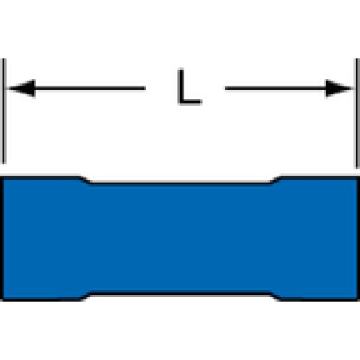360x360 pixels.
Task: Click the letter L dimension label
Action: [190, 86]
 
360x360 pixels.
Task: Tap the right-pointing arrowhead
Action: [338, 88]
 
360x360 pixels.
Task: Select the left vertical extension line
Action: [4, 111]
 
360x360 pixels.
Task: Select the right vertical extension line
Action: [357, 113]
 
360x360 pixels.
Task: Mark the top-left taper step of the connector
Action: [85, 179]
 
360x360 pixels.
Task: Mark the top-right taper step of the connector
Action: [276, 179]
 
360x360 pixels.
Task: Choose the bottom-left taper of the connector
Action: [85, 297]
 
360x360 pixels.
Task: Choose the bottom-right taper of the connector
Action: [276, 297]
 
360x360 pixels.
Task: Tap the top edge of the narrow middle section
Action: [180, 183]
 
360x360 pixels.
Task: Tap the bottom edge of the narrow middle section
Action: [180, 293]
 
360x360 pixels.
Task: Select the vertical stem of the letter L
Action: [181, 86]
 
